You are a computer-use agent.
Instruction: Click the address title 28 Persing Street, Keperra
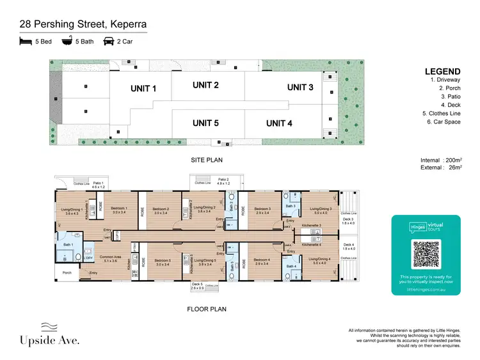[x=83, y=25]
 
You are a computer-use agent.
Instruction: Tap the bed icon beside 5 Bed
[x=25, y=42]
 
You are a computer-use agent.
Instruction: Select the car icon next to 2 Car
[x=109, y=42]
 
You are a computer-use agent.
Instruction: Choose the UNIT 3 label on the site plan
[x=300, y=87]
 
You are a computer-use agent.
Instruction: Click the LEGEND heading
[x=442, y=72]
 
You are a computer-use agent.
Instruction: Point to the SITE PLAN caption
[x=207, y=159]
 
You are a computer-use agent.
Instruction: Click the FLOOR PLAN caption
[x=207, y=309]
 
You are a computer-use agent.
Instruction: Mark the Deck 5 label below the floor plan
[x=196, y=284]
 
